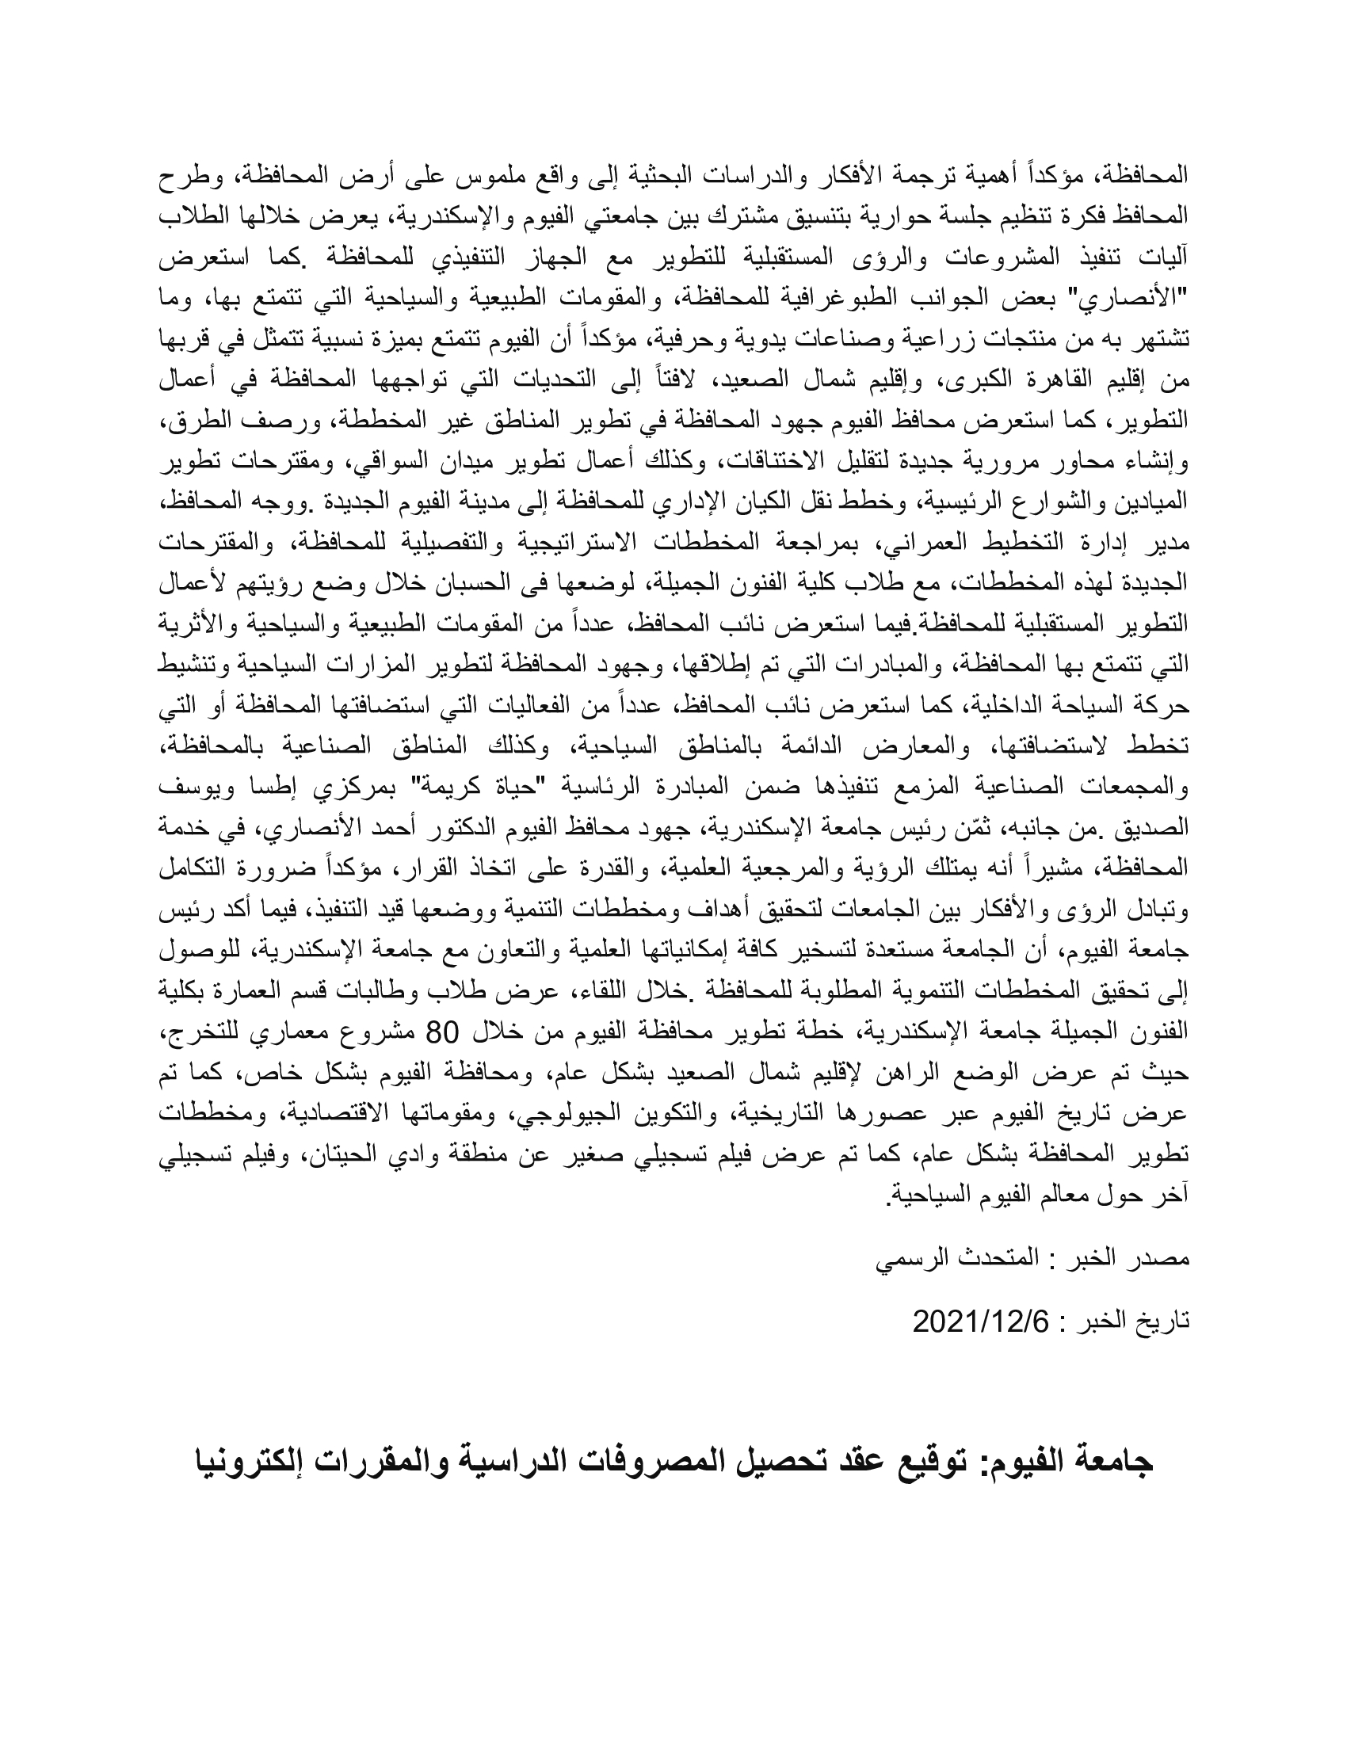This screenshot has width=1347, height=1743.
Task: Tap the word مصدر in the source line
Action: click(x=1164, y=1260)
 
